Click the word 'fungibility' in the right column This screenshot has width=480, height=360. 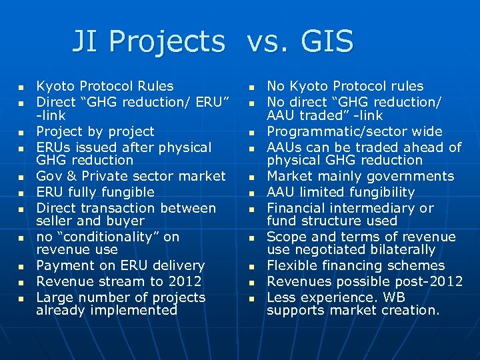click(378, 193)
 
